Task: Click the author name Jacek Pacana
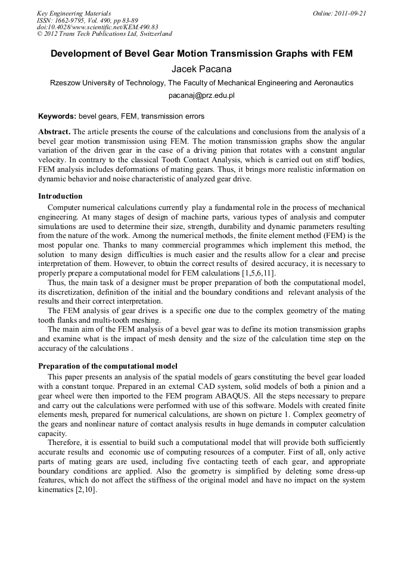coord(201,69)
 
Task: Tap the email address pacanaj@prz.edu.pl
coord(201,95)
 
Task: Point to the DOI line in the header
coord(97,27)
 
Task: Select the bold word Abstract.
coord(54,131)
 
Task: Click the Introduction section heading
coord(60,196)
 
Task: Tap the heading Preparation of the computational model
coord(107,366)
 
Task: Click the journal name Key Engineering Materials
coord(73,13)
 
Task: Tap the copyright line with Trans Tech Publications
coord(104,34)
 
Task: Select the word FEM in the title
coord(341,54)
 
